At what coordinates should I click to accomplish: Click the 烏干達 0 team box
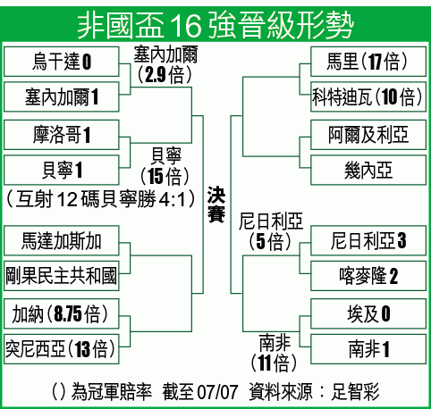pyautogui.click(x=62, y=62)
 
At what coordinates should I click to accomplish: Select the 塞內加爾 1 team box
pyautogui.click(x=62, y=97)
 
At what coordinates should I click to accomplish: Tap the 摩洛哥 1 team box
pyautogui.click(x=62, y=135)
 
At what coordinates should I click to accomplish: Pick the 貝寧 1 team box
pyautogui.click(x=62, y=170)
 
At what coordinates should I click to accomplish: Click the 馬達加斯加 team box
pyautogui.click(x=62, y=240)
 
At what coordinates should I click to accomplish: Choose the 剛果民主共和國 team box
pyautogui.click(x=62, y=276)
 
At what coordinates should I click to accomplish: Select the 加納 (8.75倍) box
pyautogui.click(x=62, y=313)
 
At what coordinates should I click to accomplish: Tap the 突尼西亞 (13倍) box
pyautogui.click(x=62, y=349)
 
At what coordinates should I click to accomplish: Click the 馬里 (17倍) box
pyautogui.click(x=368, y=62)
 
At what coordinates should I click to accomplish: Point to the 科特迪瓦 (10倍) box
pyautogui.click(x=368, y=97)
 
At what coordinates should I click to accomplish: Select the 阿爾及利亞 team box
pyautogui.click(x=368, y=135)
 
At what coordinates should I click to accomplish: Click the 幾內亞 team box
pyautogui.click(x=368, y=170)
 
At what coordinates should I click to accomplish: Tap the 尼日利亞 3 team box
pyautogui.click(x=368, y=240)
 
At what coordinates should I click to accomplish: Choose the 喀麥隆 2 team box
pyautogui.click(x=368, y=276)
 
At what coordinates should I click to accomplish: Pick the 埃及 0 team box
pyautogui.click(x=368, y=313)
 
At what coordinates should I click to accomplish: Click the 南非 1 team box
pyautogui.click(x=368, y=349)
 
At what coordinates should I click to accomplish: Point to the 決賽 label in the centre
pyautogui.click(x=216, y=204)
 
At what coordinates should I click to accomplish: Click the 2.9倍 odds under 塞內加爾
pyautogui.click(x=165, y=74)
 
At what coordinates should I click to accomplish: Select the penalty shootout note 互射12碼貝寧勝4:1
pyautogui.click(x=101, y=198)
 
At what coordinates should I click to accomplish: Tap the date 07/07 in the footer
pyautogui.click(x=217, y=392)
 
